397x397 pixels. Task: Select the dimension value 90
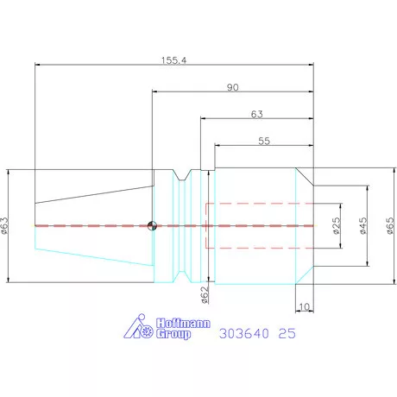tap(232, 87)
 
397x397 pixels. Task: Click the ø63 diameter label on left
tap(6, 224)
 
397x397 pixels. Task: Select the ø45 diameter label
tap(363, 225)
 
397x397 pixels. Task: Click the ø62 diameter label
tap(205, 295)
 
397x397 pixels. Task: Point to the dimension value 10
tap(304, 306)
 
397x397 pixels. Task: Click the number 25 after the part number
tap(288, 332)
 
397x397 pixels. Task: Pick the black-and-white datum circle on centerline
tap(152, 226)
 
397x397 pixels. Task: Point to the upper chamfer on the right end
tap(305, 175)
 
